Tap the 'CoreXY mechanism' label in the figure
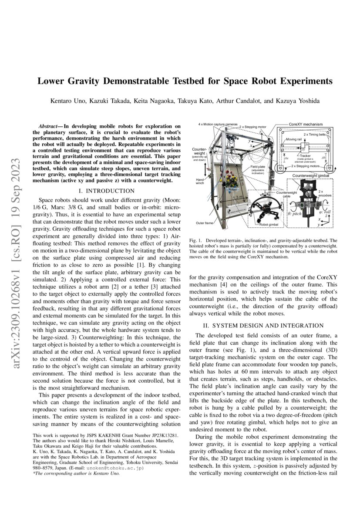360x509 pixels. point(306,124)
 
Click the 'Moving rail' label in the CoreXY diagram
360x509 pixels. point(294,139)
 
